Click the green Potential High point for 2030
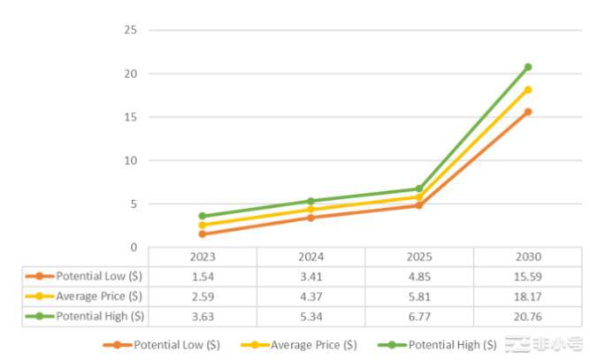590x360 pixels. point(527,67)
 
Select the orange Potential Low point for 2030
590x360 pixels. point(527,111)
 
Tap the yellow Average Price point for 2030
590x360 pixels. point(527,89)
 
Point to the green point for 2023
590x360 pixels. point(203,216)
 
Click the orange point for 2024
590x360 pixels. point(310,218)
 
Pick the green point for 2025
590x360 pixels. point(418,188)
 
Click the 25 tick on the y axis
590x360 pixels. point(131,30)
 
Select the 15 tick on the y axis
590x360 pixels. point(131,117)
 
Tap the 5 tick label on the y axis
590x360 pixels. point(134,203)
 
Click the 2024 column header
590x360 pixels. point(310,257)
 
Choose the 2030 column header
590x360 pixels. point(527,257)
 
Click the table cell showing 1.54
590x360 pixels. point(203,277)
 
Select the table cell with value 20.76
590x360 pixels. point(527,316)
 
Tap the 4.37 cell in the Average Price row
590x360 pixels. point(310,296)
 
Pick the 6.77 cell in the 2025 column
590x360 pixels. point(418,316)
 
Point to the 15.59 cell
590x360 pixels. point(527,277)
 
